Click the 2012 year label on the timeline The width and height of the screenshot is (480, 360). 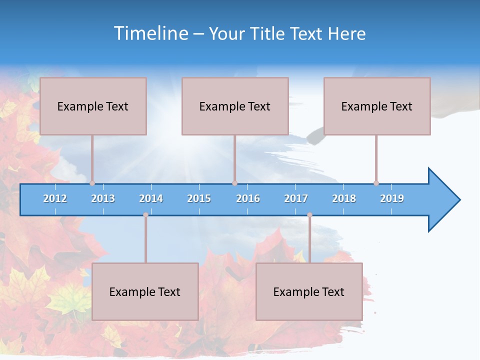pos(55,198)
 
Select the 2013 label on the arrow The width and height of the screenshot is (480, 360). pos(103,198)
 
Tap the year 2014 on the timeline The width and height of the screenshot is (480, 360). pos(151,198)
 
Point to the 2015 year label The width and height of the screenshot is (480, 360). pos(199,198)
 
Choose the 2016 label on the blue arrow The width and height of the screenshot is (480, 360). pos(248,198)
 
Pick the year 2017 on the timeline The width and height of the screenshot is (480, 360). pos(296,198)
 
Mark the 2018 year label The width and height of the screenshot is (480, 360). pos(344,198)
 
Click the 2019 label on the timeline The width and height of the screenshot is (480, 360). pos(392,198)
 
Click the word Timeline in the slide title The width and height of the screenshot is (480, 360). pos(151,33)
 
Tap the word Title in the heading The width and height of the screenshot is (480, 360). pos(267,33)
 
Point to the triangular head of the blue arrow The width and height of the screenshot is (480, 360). pos(443,199)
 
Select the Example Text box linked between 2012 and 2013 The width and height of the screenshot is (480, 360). pos(93,106)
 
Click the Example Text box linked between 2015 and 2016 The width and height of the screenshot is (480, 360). pos(235,106)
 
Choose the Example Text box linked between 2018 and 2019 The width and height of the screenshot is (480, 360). pos(377,106)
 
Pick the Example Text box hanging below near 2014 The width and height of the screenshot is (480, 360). pos(145,291)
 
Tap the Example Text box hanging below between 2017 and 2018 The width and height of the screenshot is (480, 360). pos(309,291)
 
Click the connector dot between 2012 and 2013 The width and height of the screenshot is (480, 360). pos(92,183)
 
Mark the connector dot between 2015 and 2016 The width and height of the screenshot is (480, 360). pos(234,183)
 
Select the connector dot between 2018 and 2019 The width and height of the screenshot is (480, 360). pos(376,183)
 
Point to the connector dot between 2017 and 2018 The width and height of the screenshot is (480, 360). pos(309,215)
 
